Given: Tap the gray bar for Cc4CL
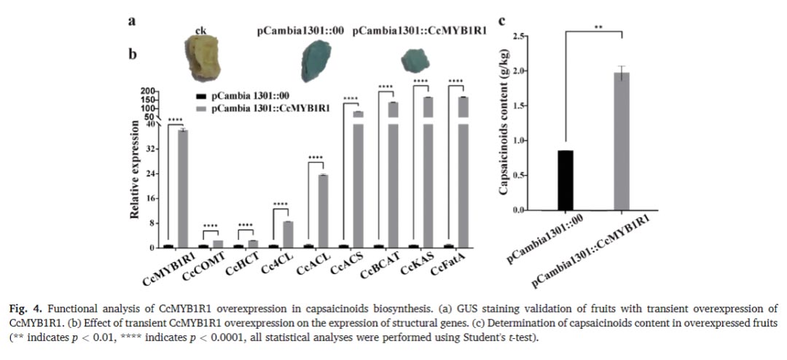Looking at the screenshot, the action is [288, 235].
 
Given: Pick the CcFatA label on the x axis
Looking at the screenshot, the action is [446, 263].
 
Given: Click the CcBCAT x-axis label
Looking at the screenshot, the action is [375, 264].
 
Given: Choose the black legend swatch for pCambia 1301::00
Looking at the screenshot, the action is [201, 95].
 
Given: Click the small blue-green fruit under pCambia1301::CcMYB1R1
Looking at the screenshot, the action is [415, 60].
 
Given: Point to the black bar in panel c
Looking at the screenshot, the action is [565, 180].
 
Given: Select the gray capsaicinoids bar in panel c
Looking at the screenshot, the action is [622, 141].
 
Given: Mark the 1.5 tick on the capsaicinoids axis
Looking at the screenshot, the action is [529, 106].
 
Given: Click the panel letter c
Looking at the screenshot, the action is [502, 21].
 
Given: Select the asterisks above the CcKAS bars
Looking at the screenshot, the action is [420, 81].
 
